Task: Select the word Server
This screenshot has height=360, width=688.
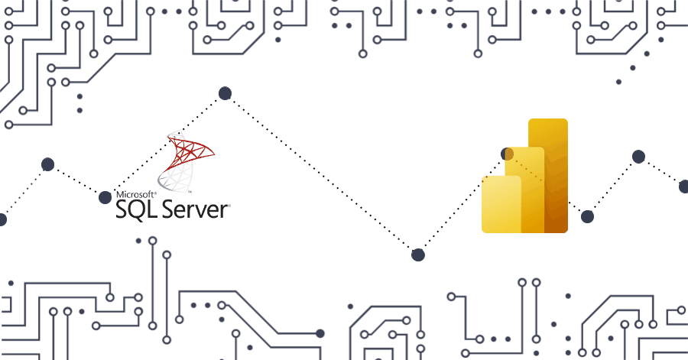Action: [194, 209]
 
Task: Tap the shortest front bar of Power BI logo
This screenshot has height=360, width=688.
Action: [501, 204]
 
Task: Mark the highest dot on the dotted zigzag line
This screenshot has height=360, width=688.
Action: [225, 93]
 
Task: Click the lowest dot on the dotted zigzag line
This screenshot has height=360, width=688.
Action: [417, 255]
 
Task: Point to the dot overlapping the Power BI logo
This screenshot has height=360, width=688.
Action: [507, 154]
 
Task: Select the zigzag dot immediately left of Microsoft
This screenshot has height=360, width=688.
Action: [105, 197]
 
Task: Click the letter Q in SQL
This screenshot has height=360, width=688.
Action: [138, 209]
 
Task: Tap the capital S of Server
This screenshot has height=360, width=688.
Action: [166, 209]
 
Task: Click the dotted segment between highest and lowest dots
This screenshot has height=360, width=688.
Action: [321, 174]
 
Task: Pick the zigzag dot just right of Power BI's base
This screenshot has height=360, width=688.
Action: [587, 216]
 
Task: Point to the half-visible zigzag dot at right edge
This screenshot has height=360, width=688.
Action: [684, 186]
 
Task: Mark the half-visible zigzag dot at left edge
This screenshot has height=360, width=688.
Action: [2, 220]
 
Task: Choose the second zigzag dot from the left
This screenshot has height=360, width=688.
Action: [47, 164]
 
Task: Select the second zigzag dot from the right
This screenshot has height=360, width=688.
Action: [638, 157]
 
